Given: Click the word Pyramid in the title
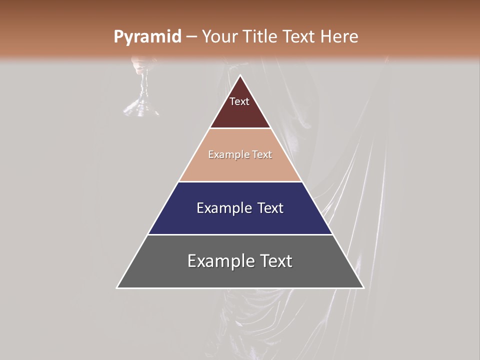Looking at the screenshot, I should [x=147, y=37].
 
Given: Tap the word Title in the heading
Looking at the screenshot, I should [x=260, y=37].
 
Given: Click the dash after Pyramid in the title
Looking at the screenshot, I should [x=191, y=37].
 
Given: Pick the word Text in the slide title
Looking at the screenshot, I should [x=300, y=37].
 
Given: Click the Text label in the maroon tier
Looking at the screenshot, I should [x=239, y=101].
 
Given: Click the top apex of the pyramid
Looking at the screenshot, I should [x=240, y=75].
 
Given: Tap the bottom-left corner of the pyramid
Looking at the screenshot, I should [x=117, y=287].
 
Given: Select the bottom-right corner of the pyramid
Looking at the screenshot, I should [x=363, y=287].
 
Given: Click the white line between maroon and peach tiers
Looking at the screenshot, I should [x=240, y=128].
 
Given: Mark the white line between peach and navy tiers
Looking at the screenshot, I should [x=240, y=181].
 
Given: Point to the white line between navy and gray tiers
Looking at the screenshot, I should [x=240, y=234].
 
